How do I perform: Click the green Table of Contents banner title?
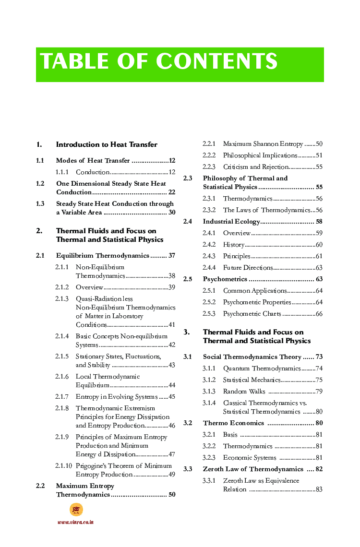159,62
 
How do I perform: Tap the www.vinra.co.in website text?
75,522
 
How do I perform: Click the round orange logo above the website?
76,510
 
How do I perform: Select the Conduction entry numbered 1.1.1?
93,172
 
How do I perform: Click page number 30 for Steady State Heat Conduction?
171,212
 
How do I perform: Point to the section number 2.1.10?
63,465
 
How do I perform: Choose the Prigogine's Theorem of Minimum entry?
123,465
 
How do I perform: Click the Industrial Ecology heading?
231,221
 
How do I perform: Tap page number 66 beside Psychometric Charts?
319,314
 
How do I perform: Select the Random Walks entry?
244,392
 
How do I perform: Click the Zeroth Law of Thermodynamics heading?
253,469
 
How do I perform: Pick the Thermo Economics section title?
233,423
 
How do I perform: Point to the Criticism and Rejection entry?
255,167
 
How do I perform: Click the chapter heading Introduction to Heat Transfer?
107,144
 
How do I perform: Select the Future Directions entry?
248,267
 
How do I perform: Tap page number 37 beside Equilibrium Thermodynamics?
171,255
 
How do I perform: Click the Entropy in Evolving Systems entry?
117,396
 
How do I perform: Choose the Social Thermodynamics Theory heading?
252,357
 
